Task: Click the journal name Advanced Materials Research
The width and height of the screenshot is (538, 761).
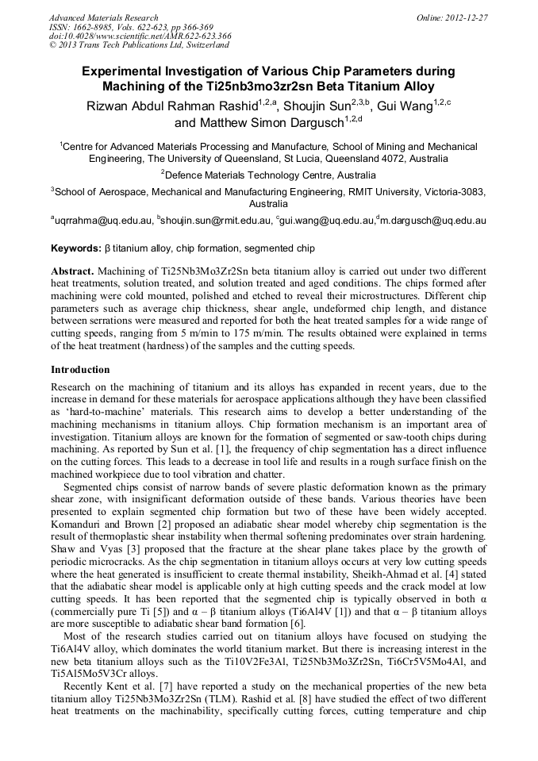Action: pos(103,17)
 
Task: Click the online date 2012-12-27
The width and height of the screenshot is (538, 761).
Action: pos(467,17)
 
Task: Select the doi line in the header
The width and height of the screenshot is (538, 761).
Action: pos(140,36)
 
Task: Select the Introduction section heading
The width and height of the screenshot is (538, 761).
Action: pos(80,370)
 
